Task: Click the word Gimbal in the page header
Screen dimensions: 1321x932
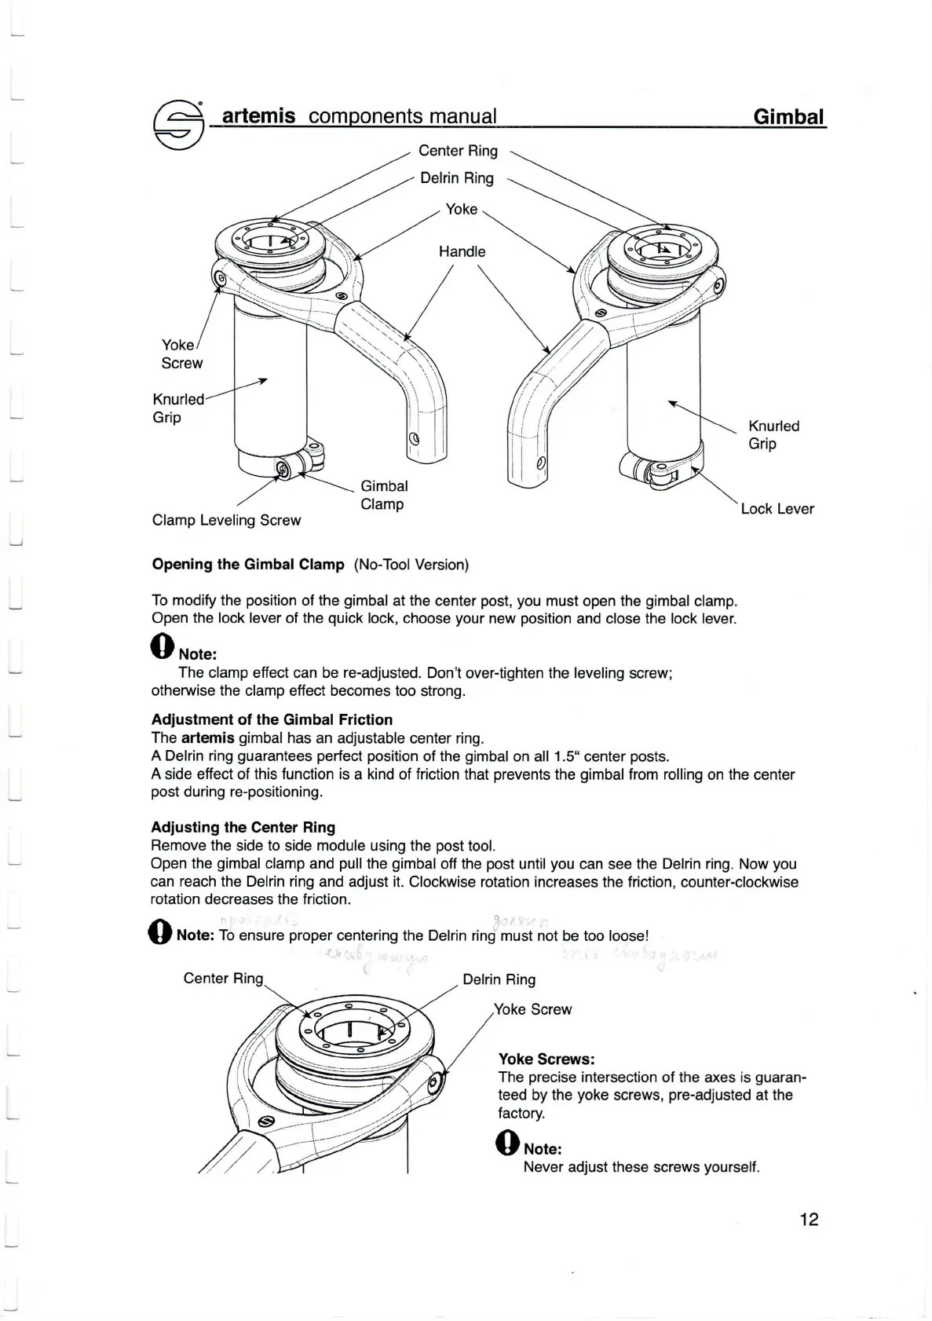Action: pyautogui.click(x=788, y=117)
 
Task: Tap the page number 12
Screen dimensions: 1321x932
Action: pyautogui.click(x=809, y=1219)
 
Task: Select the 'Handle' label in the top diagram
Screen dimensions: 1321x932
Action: pyautogui.click(x=462, y=251)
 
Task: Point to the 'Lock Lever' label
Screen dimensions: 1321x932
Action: pyautogui.click(x=777, y=508)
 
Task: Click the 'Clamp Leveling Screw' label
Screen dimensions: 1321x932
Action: pyautogui.click(x=226, y=520)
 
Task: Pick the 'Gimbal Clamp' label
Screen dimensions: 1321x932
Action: pyautogui.click(x=384, y=495)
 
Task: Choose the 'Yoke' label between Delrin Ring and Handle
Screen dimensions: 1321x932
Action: pyautogui.click(x=461, y=209)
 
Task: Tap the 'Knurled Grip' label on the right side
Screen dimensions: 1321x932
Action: pyautogui.click(x=773, y=434)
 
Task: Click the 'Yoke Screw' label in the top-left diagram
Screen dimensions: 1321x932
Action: pyautogui.click(x=181, y=353)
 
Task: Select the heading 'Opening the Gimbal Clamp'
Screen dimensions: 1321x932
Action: pyautogui.click(x=247, y=564)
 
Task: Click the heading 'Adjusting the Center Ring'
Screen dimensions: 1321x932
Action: pyautogui.click(x=243, y=827)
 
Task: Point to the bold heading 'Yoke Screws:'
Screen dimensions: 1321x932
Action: pyautogui.click(x=546, y=1059)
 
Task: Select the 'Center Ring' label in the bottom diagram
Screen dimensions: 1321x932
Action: pyautogui.click(x=223, y=978)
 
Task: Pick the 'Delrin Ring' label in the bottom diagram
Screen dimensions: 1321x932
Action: pyautogui.click(x=499, y=979)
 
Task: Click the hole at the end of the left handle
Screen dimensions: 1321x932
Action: pyautogui.click(x=415, y=438)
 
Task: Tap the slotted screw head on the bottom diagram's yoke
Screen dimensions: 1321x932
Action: pyautogui.click(x=265, y=1122)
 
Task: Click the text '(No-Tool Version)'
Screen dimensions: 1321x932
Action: pyautogui.click(x=411, y=564)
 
